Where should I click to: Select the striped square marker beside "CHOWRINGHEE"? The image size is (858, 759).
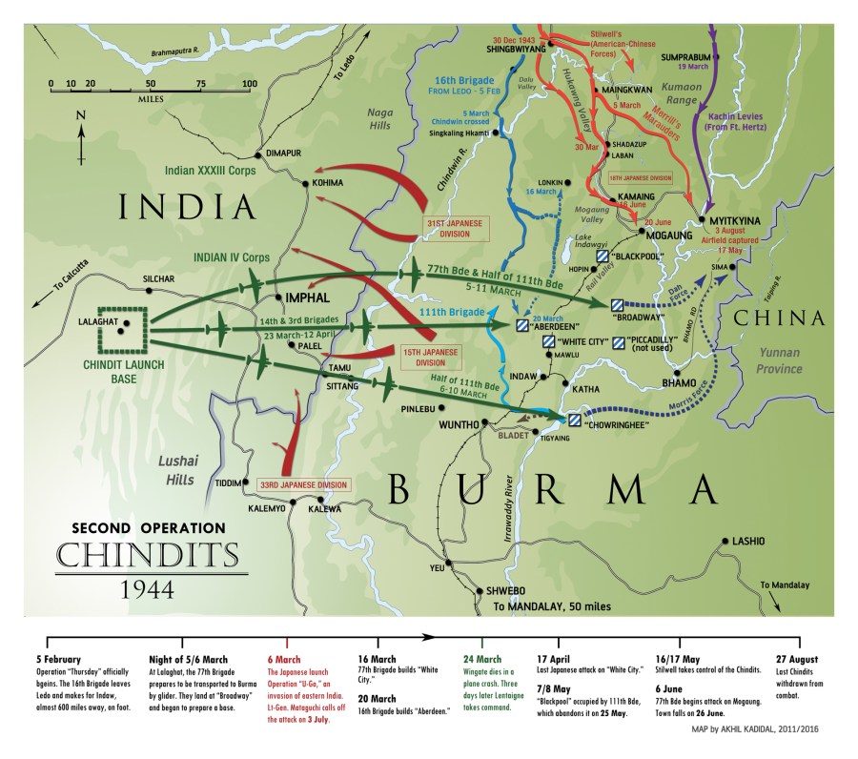[575, 421]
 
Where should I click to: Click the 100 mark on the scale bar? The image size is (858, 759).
[250, 84]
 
